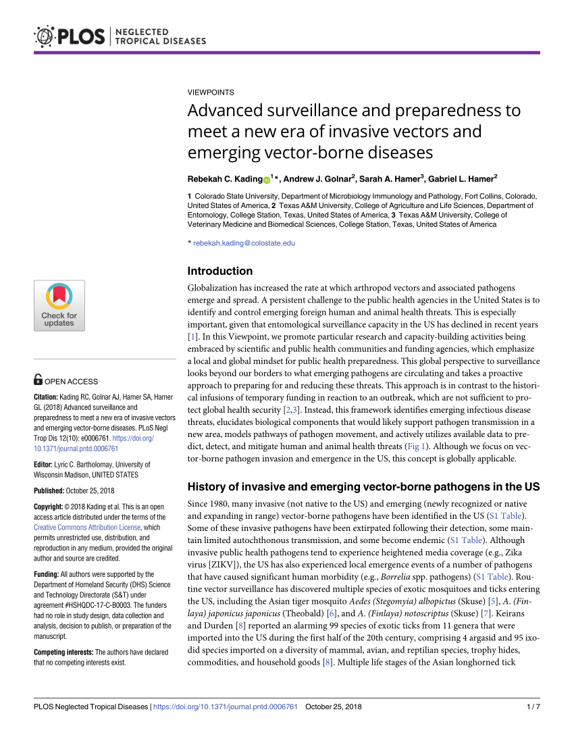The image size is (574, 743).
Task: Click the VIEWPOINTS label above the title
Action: coord(211,92)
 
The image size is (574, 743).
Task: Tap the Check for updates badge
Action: coord(59,305)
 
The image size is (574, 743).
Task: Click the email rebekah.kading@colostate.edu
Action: coord(244,243)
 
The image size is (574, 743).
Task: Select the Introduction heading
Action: coord(219,272)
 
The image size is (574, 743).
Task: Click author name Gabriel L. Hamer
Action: coord(462,179)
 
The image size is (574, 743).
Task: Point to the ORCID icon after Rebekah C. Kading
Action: coord(266,180)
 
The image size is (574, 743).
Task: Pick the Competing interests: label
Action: coord(63,652)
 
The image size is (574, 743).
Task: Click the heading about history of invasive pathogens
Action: coord(363,486)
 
